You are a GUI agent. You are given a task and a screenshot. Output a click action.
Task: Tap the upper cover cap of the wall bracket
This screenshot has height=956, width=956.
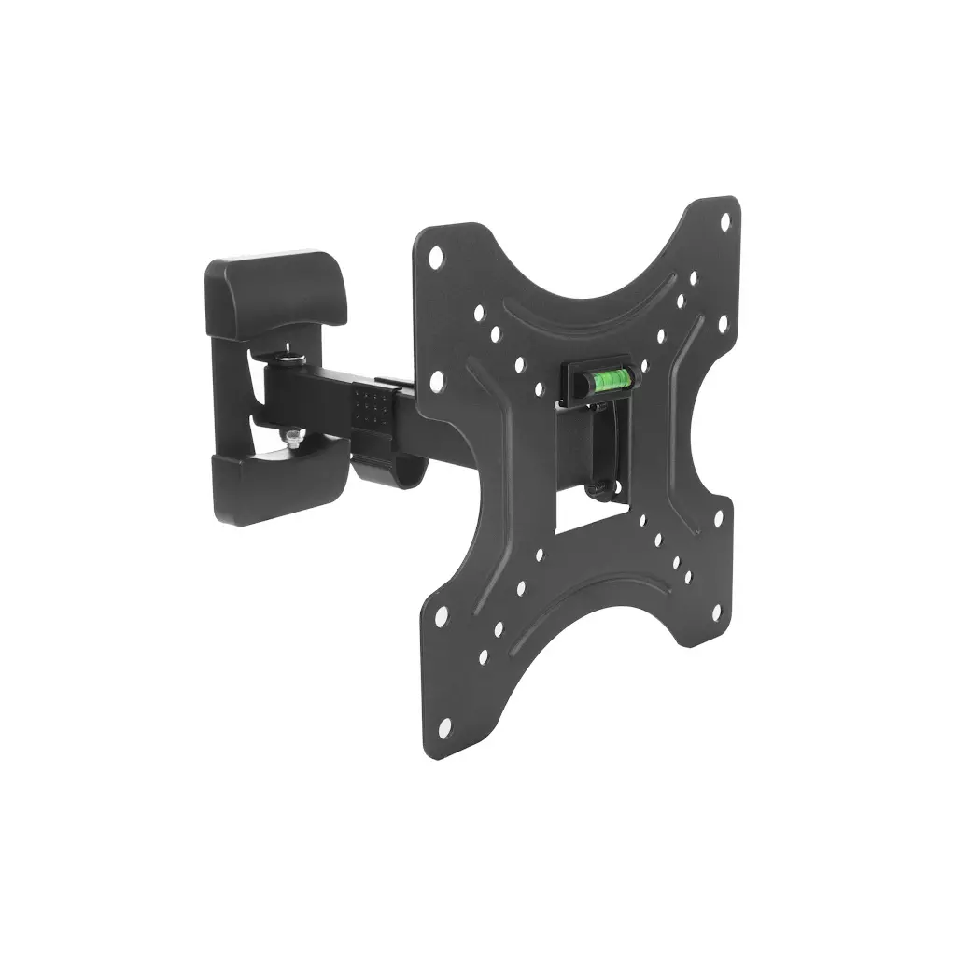click(276, 289)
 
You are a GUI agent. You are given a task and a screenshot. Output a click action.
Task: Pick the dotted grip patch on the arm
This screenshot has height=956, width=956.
click(373, 408)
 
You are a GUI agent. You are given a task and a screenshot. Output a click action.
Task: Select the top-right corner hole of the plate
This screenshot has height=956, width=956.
click(724, 221)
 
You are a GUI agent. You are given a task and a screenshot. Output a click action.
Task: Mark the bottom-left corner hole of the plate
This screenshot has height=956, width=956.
click(444, 724)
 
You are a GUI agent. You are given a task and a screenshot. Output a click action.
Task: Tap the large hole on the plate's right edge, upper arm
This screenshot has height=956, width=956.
click(722, 324)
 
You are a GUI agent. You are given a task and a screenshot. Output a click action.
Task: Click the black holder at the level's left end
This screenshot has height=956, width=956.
click(570, 383)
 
